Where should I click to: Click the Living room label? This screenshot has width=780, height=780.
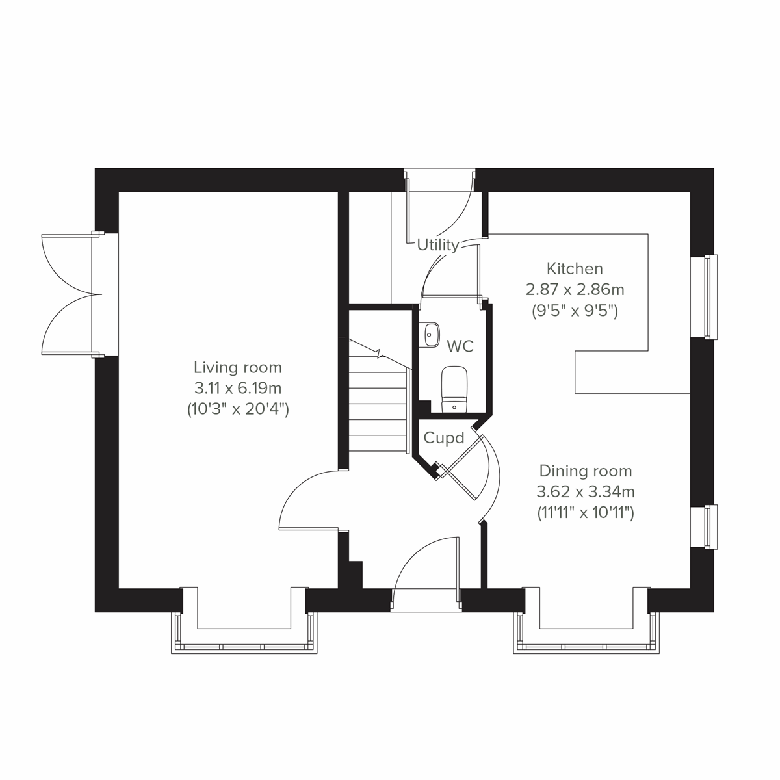(x=237, y=367)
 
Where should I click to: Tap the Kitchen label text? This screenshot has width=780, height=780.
(x=575, y=268)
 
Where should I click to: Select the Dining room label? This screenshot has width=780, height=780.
(x=585, y=471)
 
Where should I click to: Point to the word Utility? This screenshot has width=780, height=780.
(x=438, y=245)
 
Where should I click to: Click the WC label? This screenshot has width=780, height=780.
(x=460, y=346)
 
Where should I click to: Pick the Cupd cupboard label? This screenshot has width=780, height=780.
(x=444, y=438)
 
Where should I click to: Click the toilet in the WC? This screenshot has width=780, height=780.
(x=454, y=389)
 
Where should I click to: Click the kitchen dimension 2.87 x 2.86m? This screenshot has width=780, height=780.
(x=575, y=289)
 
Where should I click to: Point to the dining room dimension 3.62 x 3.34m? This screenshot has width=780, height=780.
(x=586, y=491)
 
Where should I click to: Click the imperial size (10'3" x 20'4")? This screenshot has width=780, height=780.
(x=238, y=409)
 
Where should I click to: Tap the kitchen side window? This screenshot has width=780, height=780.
(x=711, y=296)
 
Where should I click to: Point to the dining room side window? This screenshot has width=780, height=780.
(x=711, y=526)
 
